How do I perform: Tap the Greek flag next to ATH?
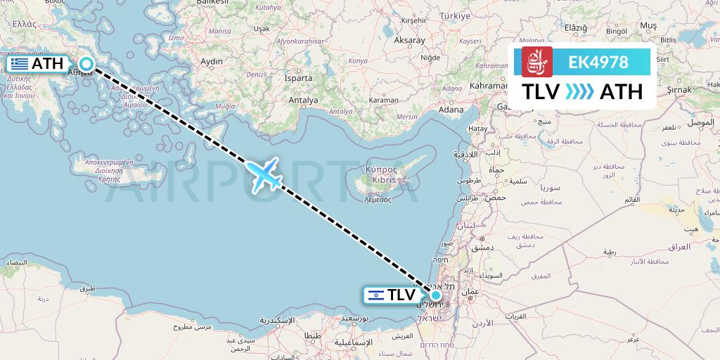tap(19, 64)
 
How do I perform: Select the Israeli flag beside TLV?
tap(375, 295)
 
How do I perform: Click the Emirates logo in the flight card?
tap(536, 62)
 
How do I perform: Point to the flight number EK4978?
tap(598, 62)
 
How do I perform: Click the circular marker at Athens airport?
tap(86, 64)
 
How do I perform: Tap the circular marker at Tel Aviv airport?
tap(436, 295)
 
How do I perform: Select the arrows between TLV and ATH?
tap(579, 91)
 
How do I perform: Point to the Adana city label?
tap(450, 109)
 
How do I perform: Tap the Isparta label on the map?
tap(297, 78)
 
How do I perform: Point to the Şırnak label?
tap(679, 90)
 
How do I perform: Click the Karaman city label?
tap(384, 101)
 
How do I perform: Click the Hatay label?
tap(477, 129)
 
